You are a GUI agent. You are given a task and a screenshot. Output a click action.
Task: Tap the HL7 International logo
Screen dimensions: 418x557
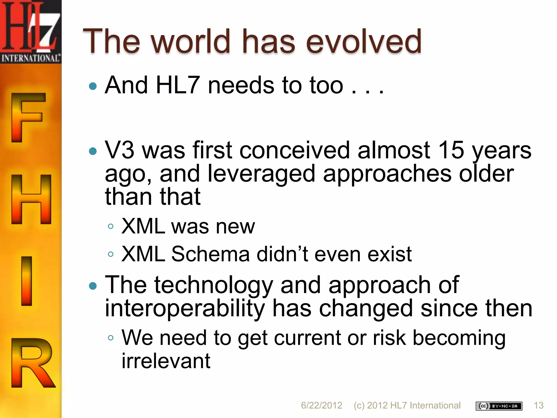(30, 31)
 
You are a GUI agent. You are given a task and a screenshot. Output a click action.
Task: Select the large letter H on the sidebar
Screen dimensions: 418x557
(31, 199)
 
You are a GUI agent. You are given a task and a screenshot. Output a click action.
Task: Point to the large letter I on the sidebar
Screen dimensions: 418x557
(27, 281)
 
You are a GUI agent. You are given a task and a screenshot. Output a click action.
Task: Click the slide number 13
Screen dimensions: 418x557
(538, 405)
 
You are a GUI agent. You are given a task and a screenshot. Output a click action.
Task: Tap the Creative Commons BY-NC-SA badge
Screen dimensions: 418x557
(499, 406)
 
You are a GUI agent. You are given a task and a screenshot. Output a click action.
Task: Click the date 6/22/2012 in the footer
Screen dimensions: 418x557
(321, 405)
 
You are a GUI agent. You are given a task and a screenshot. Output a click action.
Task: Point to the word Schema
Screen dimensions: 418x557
(210, 254)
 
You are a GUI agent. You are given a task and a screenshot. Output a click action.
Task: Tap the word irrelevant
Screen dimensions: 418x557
(166, 361)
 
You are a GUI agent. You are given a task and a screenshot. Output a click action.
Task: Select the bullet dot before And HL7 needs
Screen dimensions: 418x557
(93, 86)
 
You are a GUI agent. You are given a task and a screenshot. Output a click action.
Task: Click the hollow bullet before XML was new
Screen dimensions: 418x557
(110, 226)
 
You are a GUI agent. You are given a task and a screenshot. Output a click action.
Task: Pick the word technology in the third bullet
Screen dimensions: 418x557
(213, 285)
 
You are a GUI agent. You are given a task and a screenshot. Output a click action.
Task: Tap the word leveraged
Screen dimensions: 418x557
(261, 174)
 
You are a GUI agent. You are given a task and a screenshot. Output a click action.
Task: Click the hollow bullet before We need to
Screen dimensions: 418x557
(110, 338)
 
